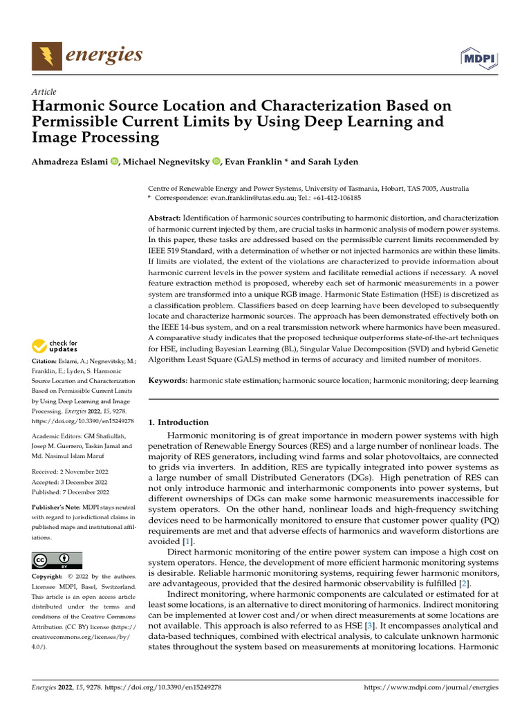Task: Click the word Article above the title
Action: [44, 92]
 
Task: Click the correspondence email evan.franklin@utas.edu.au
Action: [253, 197]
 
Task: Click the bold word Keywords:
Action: [168, 380]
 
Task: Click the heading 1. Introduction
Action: [179, 422]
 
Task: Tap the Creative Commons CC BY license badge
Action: [57, 560]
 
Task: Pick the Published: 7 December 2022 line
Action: [71, 492]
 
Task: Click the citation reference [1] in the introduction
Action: [187, 541]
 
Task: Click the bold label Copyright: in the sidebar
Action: [49, 577]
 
